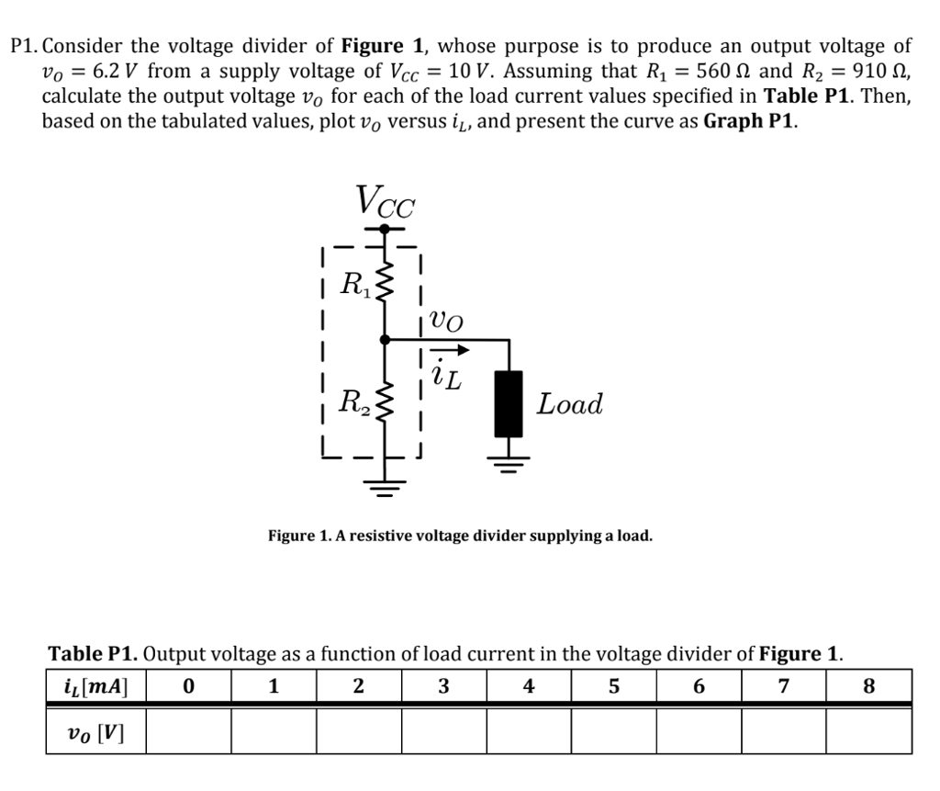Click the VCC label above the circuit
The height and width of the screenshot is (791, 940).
pos(385,200)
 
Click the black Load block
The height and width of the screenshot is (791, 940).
pos(509,403)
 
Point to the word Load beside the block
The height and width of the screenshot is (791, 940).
pos(570,403)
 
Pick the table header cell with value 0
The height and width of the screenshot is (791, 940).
pos(188,685)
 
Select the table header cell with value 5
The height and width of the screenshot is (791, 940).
pos(613,685)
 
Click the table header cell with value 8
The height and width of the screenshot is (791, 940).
pos(869,685)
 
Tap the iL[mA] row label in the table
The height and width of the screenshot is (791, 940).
pos(96,685)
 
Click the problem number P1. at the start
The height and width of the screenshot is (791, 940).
pos(25,47)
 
